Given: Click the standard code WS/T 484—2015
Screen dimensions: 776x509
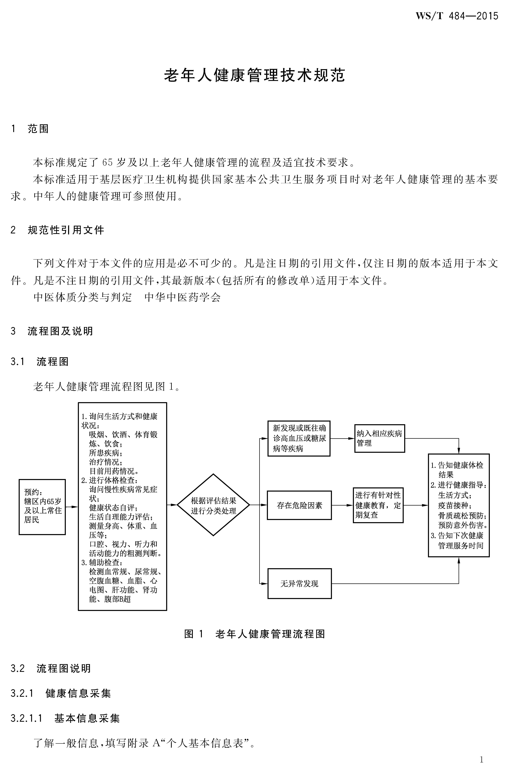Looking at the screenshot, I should point(456,16).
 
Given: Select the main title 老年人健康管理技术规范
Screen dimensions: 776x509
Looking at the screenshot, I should point(254,75).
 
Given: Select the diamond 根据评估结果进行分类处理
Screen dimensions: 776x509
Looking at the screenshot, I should point(213,505).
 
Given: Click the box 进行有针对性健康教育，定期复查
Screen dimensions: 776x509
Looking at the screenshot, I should point(378,505).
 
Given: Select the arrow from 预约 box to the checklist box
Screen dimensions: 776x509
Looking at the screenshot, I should point(72,507).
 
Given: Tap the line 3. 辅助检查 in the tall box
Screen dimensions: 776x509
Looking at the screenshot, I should point(102,562).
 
